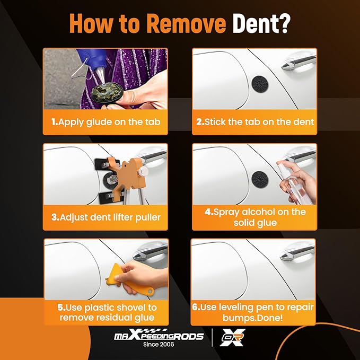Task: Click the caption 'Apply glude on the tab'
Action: click(106, 121)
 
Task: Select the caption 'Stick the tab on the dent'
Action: click(254, 121)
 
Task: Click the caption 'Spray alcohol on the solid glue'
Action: click(254, 217)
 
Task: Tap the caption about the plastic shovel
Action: click(106, 312)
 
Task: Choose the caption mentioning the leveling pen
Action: click(254, 312)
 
